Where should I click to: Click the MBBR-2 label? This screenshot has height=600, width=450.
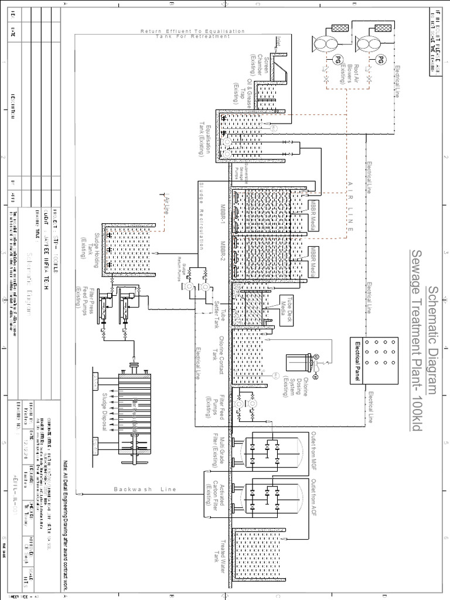[x=223, y=253]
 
